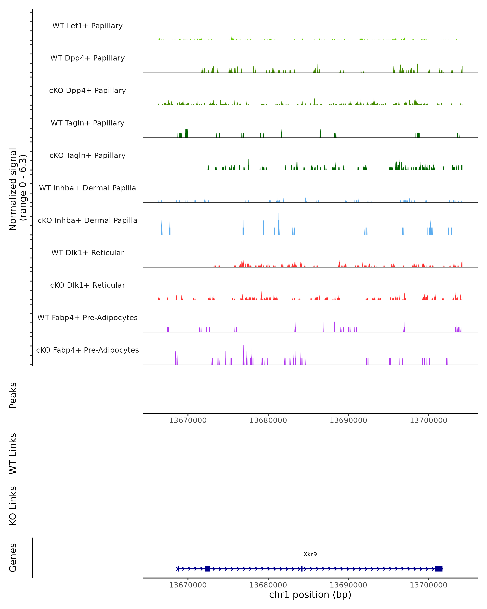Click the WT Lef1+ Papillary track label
[x=87, y=26]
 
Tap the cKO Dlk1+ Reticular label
[x=87, y=285]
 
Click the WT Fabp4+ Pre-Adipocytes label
[x=87, y=317]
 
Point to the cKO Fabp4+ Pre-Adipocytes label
[x=87, y=350]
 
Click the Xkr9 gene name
[x=310, y=554]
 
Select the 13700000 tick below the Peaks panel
[x=428, y=420]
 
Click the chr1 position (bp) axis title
[x=310, y=595]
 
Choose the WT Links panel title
[x=13, y=453]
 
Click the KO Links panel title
[x=13, y=506]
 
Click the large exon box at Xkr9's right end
[x=439, y=569]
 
